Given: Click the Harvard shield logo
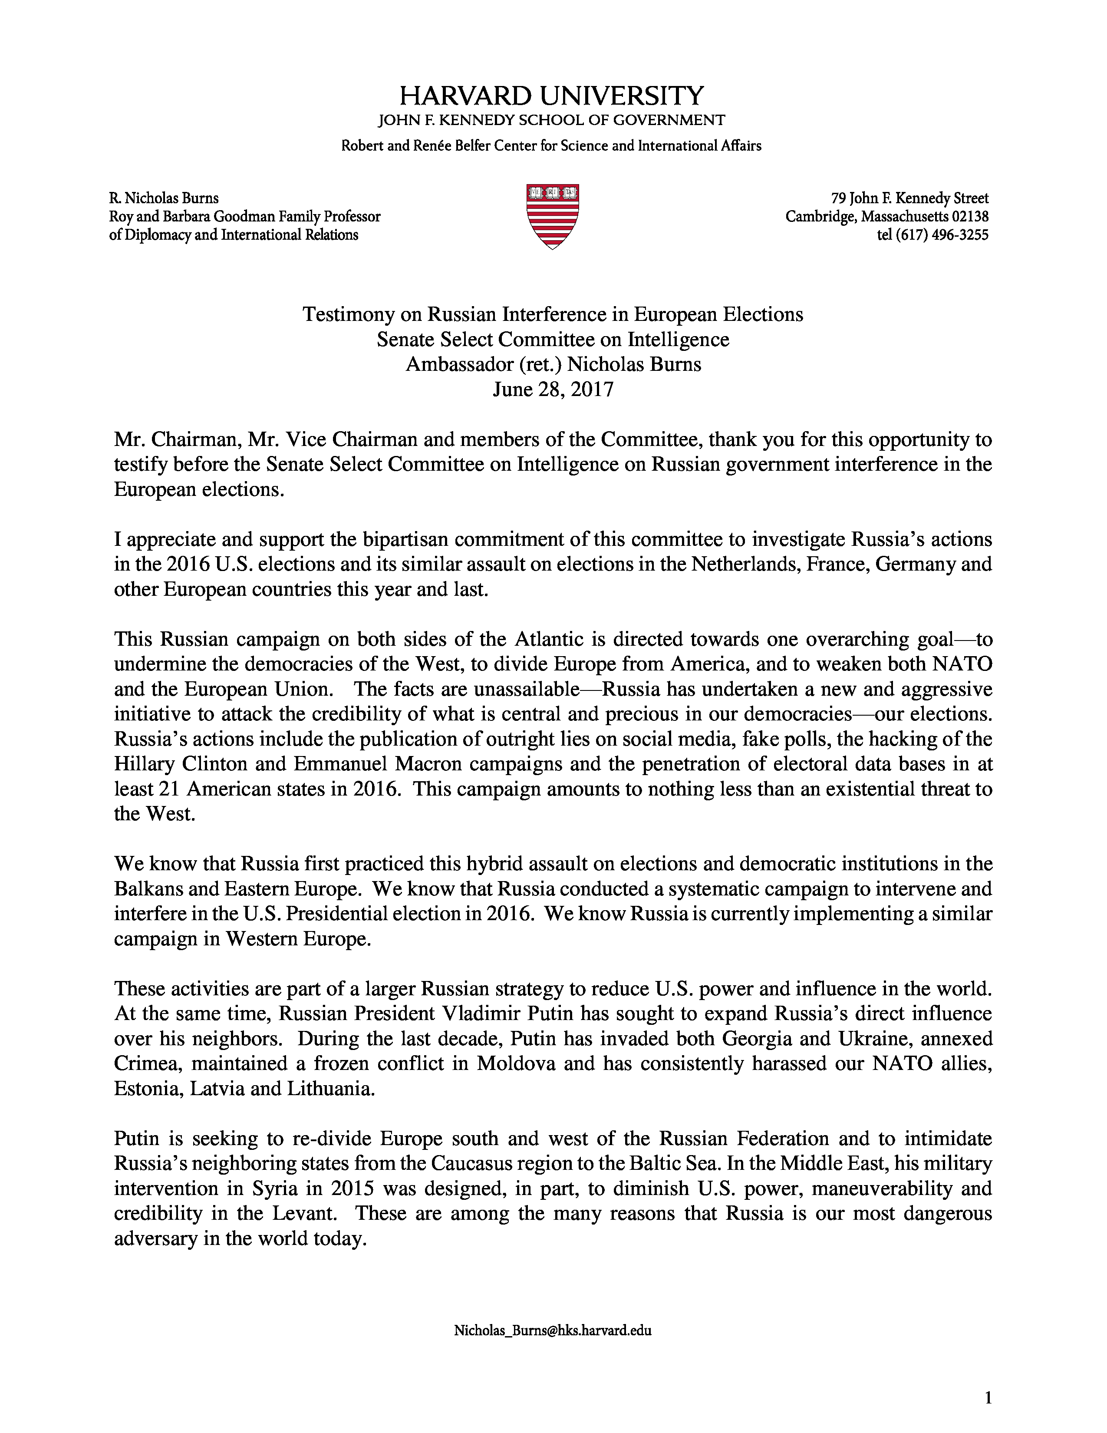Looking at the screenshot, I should (552, 217).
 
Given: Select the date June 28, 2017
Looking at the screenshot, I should (553, 390).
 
